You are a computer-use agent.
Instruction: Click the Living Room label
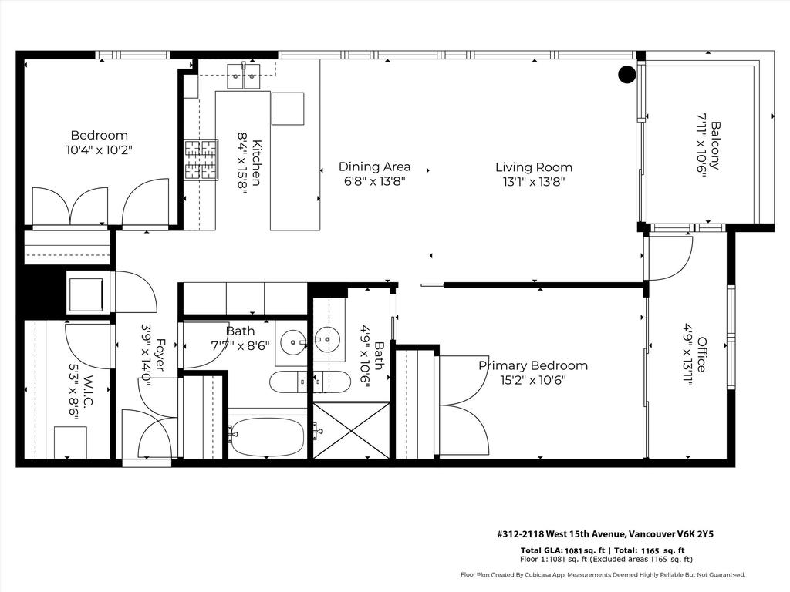coord(533,166)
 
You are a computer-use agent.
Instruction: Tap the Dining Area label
coord(374,166)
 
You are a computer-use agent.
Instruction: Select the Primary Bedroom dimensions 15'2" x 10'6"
coord(532,380)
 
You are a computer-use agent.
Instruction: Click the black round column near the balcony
coord(626,74)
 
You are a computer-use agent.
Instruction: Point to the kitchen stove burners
coord(200,160)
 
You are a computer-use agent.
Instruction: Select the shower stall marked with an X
coord(351,431)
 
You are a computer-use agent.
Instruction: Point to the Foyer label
coord(160,355)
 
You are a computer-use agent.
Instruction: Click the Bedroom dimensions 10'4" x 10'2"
coord(99,150)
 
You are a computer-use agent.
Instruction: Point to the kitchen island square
coord(288,108)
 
